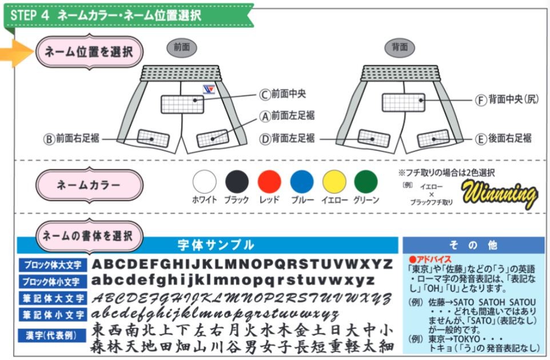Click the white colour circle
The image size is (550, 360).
tap(204, 182)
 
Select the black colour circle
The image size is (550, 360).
tap(237, 182)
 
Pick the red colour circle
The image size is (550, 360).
tap(269, 182)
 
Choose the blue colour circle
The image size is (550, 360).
tap(302, 182)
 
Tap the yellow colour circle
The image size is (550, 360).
tap(334, 182)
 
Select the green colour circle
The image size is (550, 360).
tap(366, 182)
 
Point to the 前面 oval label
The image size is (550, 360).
tap(182, 48)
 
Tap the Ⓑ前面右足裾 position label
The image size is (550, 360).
tap(71, 138)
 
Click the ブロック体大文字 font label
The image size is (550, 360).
tap(53, 265)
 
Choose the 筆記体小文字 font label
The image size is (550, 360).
tap(53, 314)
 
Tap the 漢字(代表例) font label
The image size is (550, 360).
tap(53, 335)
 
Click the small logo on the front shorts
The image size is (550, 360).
tap(209, 89)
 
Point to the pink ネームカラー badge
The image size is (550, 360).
tap(89, 185)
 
